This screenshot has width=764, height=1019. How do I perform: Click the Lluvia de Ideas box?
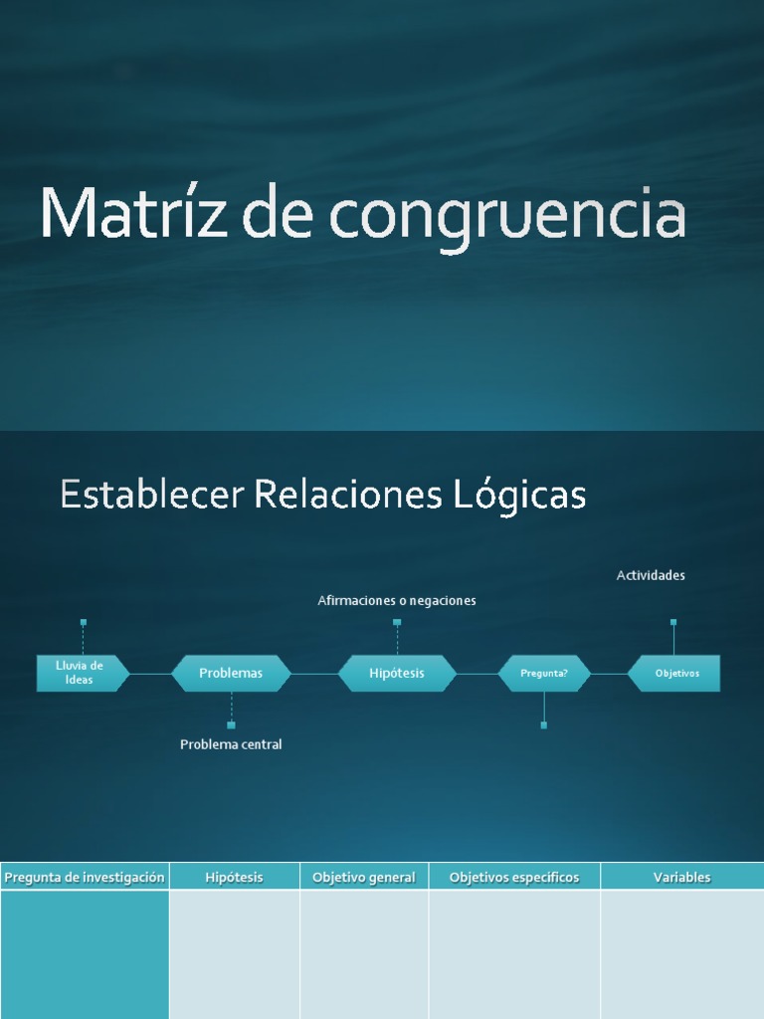click(x=81, y=673)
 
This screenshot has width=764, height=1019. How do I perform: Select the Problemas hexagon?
click(x=231, y=673)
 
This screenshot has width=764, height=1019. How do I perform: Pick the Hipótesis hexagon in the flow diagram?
click(x=397, y=673)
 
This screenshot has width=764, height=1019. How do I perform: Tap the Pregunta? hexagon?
click(x=544, y=673)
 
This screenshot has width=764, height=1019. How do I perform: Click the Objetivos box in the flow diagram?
click(x=676, y=673)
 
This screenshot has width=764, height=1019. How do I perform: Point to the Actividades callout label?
click(x=651, y=575)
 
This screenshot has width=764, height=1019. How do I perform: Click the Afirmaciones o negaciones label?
click(x=397, y=600)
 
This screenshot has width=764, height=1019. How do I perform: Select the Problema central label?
click(x=231, y=744)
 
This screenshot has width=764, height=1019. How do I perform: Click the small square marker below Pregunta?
click(x=544, y=725)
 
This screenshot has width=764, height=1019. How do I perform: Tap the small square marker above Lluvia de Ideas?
click(x=84, y=622)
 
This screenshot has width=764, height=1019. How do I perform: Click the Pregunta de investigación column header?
click(x=85, y=877)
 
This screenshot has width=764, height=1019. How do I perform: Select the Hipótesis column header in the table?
click(x=235, y=877)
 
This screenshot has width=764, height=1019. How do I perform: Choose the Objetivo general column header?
click(x=364, y=877)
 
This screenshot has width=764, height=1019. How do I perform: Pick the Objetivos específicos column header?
click(x=514, y=877)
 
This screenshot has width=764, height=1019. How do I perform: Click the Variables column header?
click(x=681, y=877)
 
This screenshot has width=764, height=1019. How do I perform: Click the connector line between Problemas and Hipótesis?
click(x=314, y=674)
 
